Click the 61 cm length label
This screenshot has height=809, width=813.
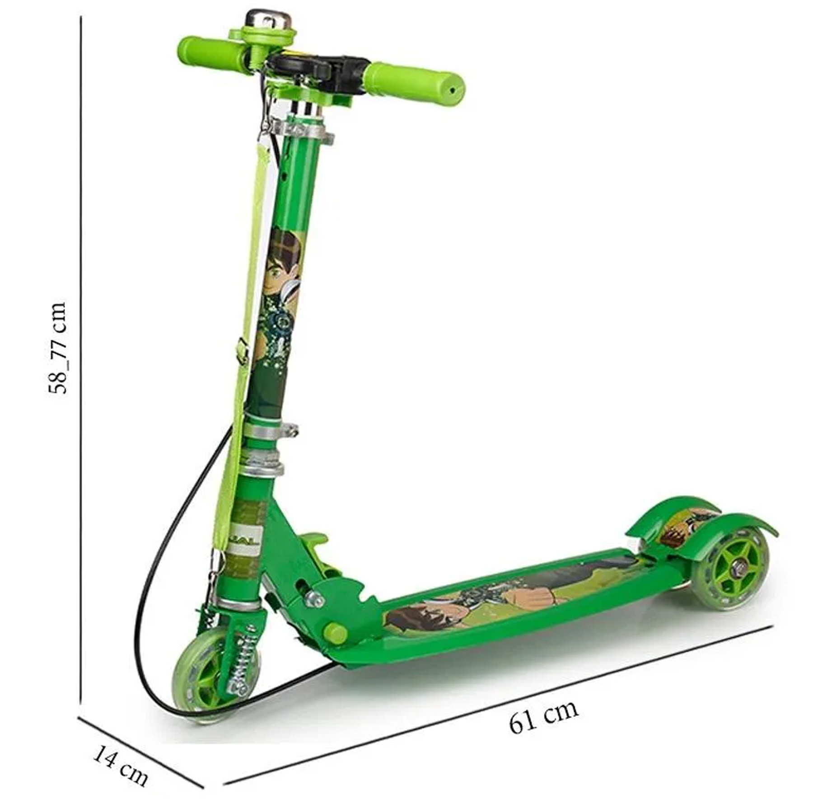(x=543, y=722)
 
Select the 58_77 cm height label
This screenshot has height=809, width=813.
(x=58, y=348)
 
